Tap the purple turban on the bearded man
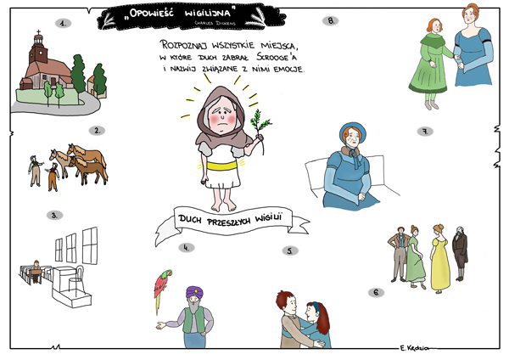click(x=194, y=293)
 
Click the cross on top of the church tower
click(x=38, y=32)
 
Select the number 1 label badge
click(x=63, y=24)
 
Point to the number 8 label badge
click(x=331, y=20)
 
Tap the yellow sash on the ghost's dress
click(x=222, y=166)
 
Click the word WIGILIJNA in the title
click(x=208, y=13)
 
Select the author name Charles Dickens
click(x=215, y=23)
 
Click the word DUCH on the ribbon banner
click(x=190, y=219)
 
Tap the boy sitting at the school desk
click(x=36, y=272)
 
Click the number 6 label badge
click(x=376, y=292)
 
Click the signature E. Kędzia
click(x=414, y=348)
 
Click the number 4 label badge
click(x=187, y=248)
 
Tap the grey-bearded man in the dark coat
click(x=460, y=253)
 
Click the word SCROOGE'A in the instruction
click(x=277, y=57)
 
